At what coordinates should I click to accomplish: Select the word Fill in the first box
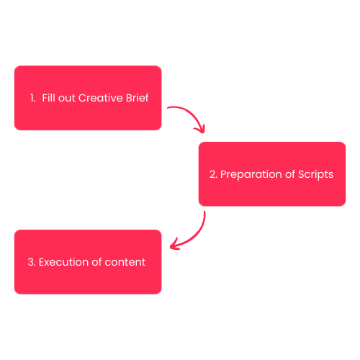tap(49, 98)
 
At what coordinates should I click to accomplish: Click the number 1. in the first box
tap(33, 98)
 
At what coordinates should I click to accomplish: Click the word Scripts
tap(315, 174)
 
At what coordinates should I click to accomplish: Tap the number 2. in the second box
tap(213, 174)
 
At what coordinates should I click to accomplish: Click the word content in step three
tap(125, 262)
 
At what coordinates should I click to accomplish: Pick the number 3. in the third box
tap(32, 262)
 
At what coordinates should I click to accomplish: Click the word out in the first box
tap(67, 98)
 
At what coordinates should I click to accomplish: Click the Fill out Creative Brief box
tap(88, 98)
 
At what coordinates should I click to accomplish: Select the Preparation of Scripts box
tap(272, 174)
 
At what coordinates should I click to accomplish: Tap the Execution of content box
tap(88, 262)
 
